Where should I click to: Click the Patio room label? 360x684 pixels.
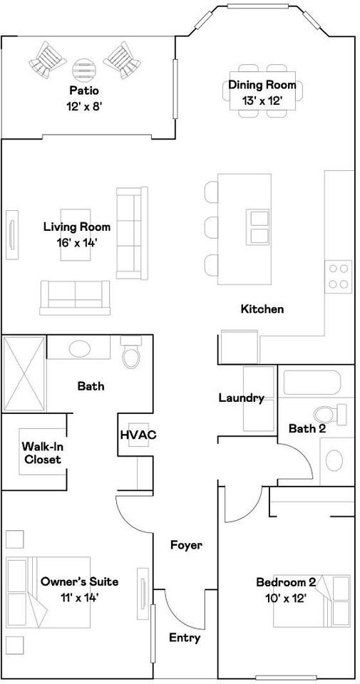click(84, 90)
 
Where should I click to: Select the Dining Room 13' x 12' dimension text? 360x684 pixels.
click(262, 100)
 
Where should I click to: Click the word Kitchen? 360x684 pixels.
click(262, 309)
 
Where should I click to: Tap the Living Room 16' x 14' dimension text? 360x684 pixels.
click(76, 243)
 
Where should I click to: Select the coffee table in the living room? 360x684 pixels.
click(76, 234)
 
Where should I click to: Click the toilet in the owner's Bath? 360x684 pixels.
click(130, 353)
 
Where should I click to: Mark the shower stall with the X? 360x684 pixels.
click(24, 374)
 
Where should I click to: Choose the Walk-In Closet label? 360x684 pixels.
click(41, 453)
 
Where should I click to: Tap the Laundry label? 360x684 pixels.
click(242, 398)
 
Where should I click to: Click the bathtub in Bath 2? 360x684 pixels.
click(312, 383)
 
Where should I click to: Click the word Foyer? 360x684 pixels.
click(186, 545)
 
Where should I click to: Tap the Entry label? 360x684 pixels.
click(185, 638)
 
